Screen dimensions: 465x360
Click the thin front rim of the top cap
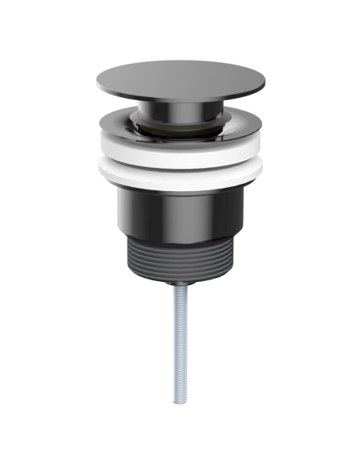click(179, 105)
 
